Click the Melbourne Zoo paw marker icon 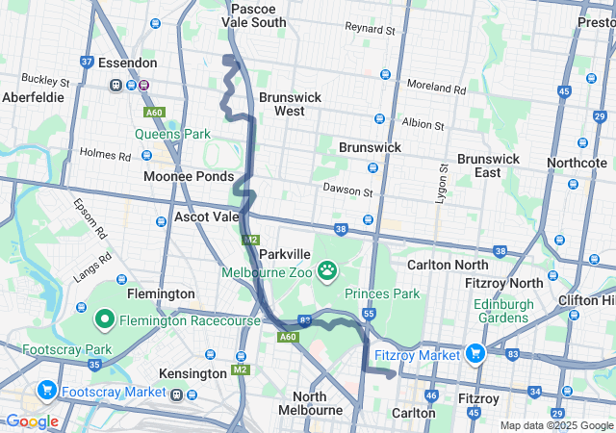[x=328, y=271]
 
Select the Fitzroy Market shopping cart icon [x=475, y=355]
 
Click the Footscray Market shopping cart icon [x=46, y=392]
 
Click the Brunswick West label [x=282, y=104]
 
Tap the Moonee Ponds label [x=188, y=177]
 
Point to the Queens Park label [x=172, y=134]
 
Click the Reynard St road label [x=370, y=30]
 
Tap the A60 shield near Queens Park [x=155, y=112]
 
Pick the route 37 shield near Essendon [x=87, y=62]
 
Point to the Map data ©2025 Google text [x=555, y=425]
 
